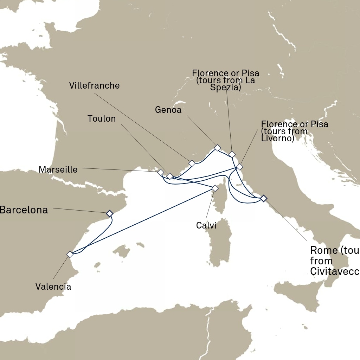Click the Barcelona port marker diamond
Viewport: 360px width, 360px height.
pyautogui.click(x=109, y=213)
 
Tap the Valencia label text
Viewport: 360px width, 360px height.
pyautogui.click(x=53, y=287)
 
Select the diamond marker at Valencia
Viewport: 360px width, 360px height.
pyautogui.click(x=70, y=254)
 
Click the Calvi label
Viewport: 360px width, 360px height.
pyautogui.click(x=206, y=225)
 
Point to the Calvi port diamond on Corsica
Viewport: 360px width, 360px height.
pyautogui.click(x=215, y=188)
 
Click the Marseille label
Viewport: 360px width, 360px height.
pyautogui.click(x=58, y=169)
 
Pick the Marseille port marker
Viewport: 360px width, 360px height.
pyautogui.click(x=160, y=172)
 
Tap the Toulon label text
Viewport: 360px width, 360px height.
pyautogui.click(x=102, y=119)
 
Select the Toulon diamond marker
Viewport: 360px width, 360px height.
pyautogui.click(x=169, y=176)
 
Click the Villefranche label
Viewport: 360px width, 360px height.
pyautogui.click(x=94, y=85)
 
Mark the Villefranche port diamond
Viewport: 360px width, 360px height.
pyautogui.click(x=192, y=163)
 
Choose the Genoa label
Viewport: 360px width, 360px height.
pyautogui.click(x=168, y=110)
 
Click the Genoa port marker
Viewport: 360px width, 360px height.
pyautogui.click(x=217, y=148)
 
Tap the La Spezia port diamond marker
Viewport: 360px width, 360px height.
pyautogui.click(x=232, y=154)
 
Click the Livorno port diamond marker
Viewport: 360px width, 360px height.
pyautogui.click(x=239, y=167)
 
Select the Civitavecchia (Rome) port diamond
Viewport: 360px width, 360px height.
pyautogui.click(x=263, y=198)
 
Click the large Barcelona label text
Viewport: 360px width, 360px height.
pyautogui.click(x=24, y=210)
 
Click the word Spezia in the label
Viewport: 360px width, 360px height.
pyautogui.click(x=225, y=88)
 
